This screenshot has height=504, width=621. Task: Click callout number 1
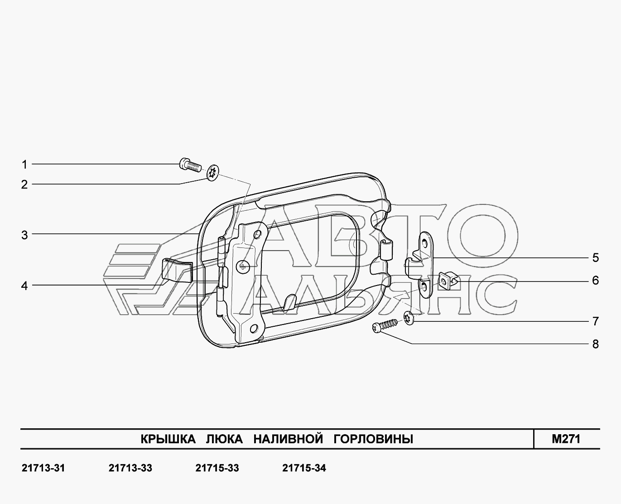point(24,165)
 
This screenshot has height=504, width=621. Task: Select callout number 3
point(24,235)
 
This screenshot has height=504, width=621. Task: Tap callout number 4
point(24,286)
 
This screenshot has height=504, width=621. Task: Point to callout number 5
point(596,258)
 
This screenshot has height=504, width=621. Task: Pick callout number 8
point(596,344)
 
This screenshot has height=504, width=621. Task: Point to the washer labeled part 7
point(409,318)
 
